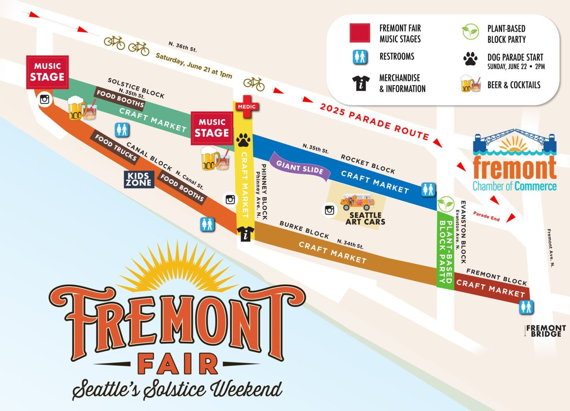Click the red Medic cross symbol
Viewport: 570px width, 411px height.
click(246, 106)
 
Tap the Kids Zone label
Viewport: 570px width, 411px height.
click(139, 179)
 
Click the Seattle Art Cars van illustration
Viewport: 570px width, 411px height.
click(357, 202)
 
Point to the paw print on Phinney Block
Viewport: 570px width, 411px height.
click(243, 140)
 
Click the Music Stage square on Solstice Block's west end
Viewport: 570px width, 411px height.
click(47, 72)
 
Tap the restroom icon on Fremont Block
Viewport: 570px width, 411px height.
click(526, 307)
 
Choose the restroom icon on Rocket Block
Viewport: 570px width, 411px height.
click(428, 190)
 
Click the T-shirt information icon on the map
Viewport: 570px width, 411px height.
click(246, 234)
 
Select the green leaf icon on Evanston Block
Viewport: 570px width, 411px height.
click(446, 204)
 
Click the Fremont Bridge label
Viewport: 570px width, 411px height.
click(546, 331)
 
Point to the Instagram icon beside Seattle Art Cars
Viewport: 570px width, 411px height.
click(329, 210)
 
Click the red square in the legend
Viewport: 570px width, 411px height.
click(360, 33)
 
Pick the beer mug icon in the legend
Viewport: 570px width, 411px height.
click(470, 84)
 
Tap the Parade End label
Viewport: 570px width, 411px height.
click(486, 217)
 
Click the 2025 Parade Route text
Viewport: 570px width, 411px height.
click(374, 122)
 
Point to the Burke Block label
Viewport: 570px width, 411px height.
click(304, 230)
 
